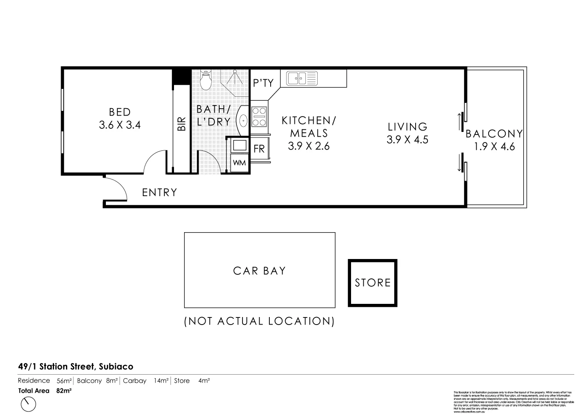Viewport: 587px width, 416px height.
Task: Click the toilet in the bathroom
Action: coord(205,80)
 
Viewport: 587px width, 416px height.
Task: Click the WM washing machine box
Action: coord(239,163)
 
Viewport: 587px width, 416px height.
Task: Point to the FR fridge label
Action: coord(259,149)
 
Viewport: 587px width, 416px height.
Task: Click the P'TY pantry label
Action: coord(264,83)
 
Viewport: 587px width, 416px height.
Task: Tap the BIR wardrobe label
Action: coord(181,124)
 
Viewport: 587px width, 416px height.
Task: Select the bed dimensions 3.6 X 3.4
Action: coord(120,125)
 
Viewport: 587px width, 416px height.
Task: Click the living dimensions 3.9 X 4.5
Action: coord(407,140)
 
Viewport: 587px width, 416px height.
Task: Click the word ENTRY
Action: coord(159,193)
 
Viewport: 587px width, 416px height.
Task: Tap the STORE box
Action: coord(373,283)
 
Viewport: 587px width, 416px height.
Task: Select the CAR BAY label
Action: coord(259,271)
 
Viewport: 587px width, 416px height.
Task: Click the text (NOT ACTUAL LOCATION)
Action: coord(259,321)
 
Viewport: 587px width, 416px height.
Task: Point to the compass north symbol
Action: coord(29,403)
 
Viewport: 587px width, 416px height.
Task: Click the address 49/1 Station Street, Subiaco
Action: coord(76,366)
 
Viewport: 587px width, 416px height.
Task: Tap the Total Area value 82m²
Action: coord(64,390)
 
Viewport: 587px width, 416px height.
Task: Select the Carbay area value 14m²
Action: coord(161,381)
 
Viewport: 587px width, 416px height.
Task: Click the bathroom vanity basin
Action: coord(243,120)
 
